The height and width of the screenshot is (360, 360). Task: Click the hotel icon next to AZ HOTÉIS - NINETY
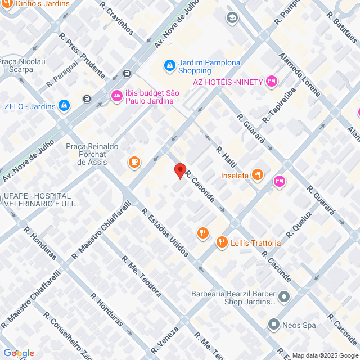pyautogui.click(x=272, y=82)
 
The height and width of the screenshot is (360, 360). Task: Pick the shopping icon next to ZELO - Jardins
pyautogui.click(x=65, y=106)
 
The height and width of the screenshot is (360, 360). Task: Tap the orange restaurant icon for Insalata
pyautogui.click(x=257, y=174)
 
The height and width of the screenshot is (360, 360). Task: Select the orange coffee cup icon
pyautogui.click(x=134, y=163)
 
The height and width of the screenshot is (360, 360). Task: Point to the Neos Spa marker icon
pyautogui.click(x=273, y=325)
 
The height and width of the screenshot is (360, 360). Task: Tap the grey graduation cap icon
pyautogui.click(x=232, y=18)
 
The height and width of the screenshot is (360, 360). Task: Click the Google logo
pyautogui.click(x=18, y=353)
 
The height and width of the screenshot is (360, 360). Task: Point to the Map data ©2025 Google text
pyautogui.click(x=325, y=355)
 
